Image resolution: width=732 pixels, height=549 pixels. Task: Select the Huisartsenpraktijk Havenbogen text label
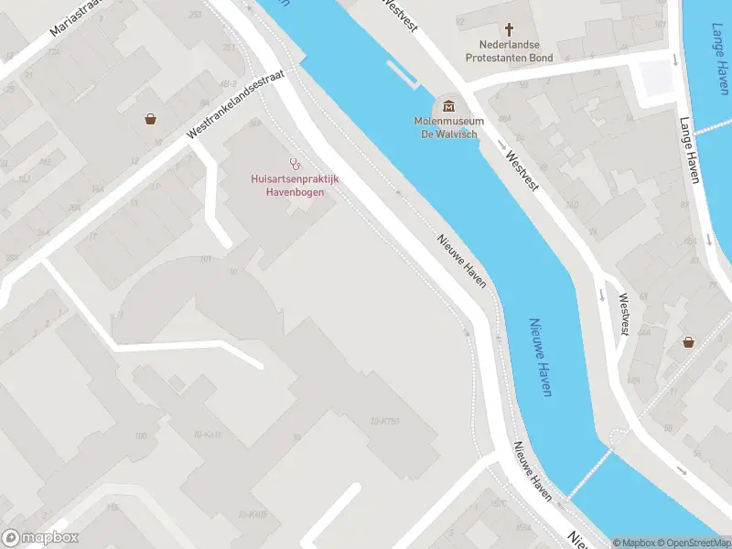pyautogui.click(x=295, y=186)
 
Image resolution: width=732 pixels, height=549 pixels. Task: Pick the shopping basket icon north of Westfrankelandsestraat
pyautogui.click(x=149, y=119)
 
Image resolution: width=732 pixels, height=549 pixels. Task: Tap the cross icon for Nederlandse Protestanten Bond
pyautogui.click(x=510, y=29)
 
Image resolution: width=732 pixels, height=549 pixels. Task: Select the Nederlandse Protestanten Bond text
pyautogui.click(x=510, y=50)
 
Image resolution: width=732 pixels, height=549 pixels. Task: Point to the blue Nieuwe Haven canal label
pyautogui.click(x=541, y=357)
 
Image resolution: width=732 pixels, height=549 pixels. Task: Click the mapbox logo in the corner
pyautogui.click(x=39, y=538)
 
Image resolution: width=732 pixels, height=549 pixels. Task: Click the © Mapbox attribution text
pyautogui.click(x=632, y=543)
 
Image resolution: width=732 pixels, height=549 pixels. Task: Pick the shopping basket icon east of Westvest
pyautogui.click(x=687, y=342)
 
